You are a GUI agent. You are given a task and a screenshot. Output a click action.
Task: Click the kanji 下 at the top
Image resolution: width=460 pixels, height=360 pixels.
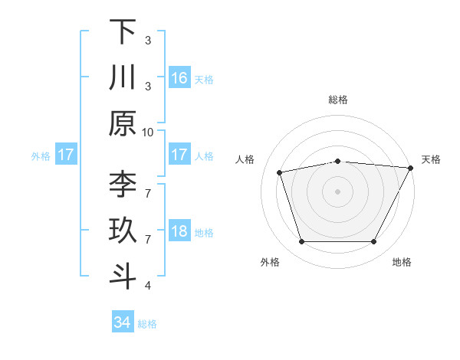pyautogui.click(x=123, y=31)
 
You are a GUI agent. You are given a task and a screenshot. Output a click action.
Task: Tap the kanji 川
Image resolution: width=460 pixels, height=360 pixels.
pyautogui.click(x=123, y=77)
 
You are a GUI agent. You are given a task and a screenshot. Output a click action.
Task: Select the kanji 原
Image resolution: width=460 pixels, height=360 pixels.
pyautogui.click(x=123, y=123)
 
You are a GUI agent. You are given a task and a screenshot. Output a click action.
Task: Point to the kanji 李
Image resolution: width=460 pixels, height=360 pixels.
pyautogui.click(x=123, y=185)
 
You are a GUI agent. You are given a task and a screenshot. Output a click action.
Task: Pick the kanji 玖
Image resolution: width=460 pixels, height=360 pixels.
pyautogui.click(x=123, y=231)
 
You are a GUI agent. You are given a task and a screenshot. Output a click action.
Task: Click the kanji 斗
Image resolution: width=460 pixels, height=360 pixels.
pyautogui.click(x=123, y=277)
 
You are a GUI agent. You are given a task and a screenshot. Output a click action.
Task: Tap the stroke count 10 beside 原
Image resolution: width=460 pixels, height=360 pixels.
pyautogui.click(x=148, y=132)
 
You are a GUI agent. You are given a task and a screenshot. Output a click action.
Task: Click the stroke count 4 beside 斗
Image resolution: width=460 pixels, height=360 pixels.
pyautogui.click(x=148, y=286)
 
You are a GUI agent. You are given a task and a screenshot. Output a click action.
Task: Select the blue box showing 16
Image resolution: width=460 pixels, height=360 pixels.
pyautogui.click(x=179, y=78)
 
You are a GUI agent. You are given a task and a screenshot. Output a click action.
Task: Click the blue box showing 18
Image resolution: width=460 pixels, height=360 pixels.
pyautogui.click(x=179, y=232)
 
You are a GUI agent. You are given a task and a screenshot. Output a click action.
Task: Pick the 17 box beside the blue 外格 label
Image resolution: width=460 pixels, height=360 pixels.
pyautogui.click(x=66, y=155)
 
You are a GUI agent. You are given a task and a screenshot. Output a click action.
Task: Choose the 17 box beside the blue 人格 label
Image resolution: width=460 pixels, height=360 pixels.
pyautogui.click(x=179, y=155)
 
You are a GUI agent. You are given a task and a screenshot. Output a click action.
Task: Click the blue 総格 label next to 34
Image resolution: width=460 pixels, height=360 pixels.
pyautogui.click(x=147, y=324)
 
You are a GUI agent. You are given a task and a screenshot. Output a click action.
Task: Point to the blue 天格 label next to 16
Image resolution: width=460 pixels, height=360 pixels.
pyautogui.click(x=204, y=79)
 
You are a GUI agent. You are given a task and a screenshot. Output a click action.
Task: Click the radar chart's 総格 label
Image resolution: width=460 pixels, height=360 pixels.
pyautogui.click(x=338, y=100)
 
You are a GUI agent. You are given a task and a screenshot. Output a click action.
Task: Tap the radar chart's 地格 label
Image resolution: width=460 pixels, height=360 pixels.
pyautogui.click(x=402, y=262)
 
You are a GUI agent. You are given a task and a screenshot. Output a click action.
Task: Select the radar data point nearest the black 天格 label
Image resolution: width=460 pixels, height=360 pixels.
pyautogui.click(x=412, y=168)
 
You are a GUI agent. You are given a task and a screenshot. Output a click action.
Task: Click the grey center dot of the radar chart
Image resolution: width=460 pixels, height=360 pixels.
pyautogui.click(x=338, y=191)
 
